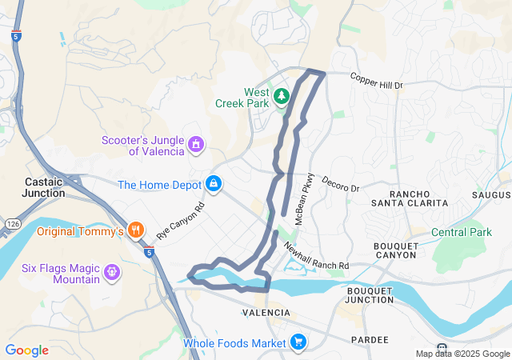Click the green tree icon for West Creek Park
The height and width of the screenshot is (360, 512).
pos(281,97)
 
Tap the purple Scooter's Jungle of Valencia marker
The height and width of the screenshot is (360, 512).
pos(196,145)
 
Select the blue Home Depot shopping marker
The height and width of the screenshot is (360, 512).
pos(214,185)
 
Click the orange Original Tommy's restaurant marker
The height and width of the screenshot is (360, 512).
pos(136,231)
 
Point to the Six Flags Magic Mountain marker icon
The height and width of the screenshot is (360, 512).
pos(111,273)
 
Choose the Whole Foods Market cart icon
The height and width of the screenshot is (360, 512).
pos(298,343)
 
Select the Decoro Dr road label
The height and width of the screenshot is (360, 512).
pos(341,183)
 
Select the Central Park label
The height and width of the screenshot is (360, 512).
pos(462,233)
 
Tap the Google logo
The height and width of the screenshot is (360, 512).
pos(26,350)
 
